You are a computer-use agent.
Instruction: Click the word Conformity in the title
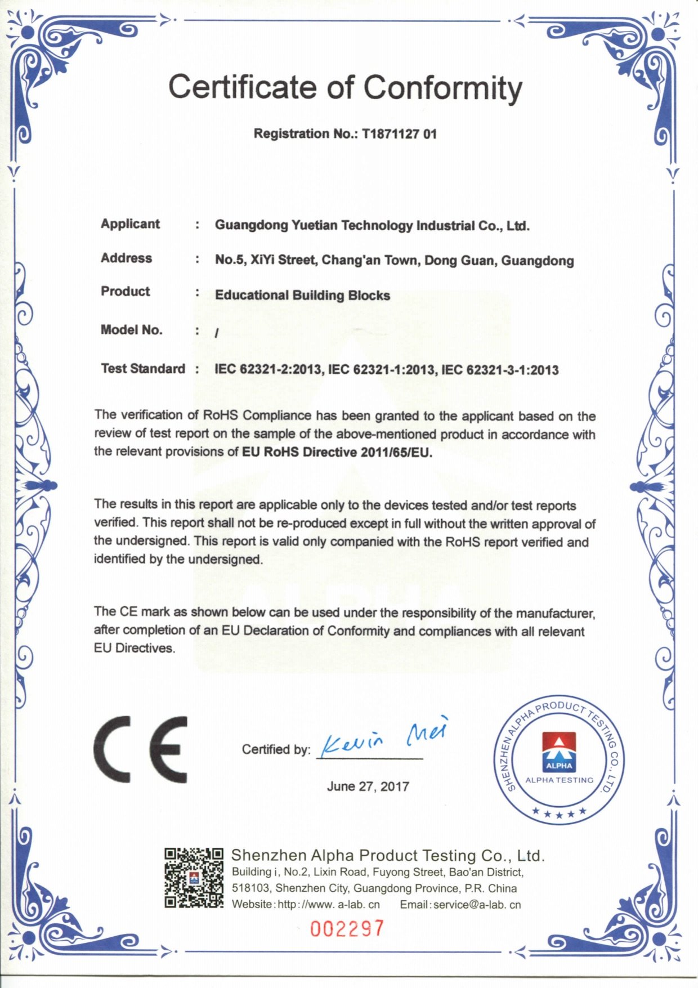(442, 89)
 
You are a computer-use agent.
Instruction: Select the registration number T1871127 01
(399, 134)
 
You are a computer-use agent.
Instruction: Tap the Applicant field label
(130, 224)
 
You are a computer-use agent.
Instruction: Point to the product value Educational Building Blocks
(302, 295)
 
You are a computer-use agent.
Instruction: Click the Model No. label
(131, 330)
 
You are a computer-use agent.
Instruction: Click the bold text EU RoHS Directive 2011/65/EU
(337, 453)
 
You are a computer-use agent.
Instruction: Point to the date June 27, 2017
(368, 786)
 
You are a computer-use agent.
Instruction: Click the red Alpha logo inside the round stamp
(558, 752)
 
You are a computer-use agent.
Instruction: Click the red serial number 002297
(347, 928)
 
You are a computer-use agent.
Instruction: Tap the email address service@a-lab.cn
(477, 905)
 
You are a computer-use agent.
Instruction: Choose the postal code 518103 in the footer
(250, 888)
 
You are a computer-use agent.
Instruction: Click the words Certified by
(276, 749)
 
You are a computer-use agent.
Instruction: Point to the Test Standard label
(142, 369)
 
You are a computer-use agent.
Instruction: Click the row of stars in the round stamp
(559, 812)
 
